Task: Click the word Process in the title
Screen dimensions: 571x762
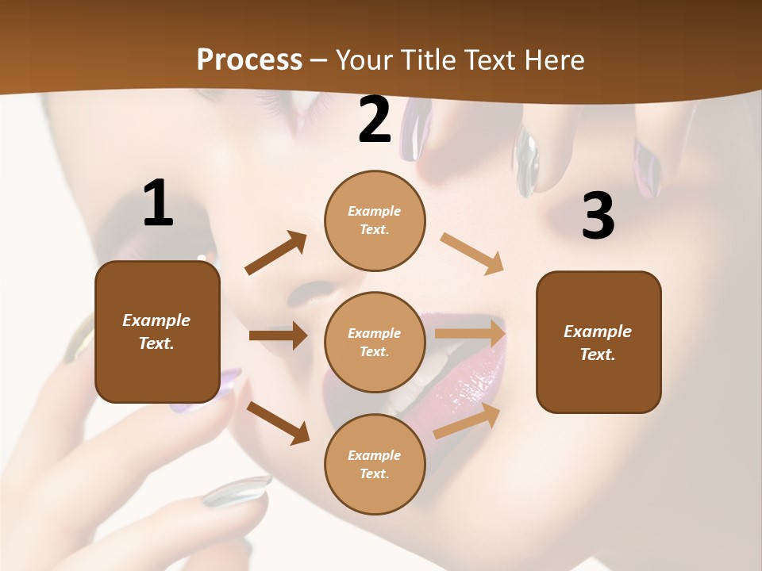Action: click(249, 59)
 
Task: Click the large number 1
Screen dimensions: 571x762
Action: click(158, 204)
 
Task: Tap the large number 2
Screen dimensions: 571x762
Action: click(375, 121)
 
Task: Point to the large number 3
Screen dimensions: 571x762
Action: click(598, 216)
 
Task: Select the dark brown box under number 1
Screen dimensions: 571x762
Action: click(157, 331)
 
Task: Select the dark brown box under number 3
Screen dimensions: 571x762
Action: click(598, 343)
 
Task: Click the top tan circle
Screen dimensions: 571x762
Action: click(375, 220)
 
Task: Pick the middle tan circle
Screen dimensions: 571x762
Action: click(375, 342)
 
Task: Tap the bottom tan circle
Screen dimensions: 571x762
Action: click(375, 464)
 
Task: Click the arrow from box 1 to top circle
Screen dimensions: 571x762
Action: click(275, 254)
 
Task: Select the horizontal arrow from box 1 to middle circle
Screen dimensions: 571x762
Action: click(278, 335)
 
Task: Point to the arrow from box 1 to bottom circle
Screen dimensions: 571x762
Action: click(278, 423)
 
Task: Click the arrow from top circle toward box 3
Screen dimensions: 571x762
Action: click(472, 254)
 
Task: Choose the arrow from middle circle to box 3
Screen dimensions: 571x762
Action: click(470, 334)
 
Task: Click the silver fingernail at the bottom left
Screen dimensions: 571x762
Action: click(236, 491)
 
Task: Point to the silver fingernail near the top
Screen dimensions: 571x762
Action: click(526, 159)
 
